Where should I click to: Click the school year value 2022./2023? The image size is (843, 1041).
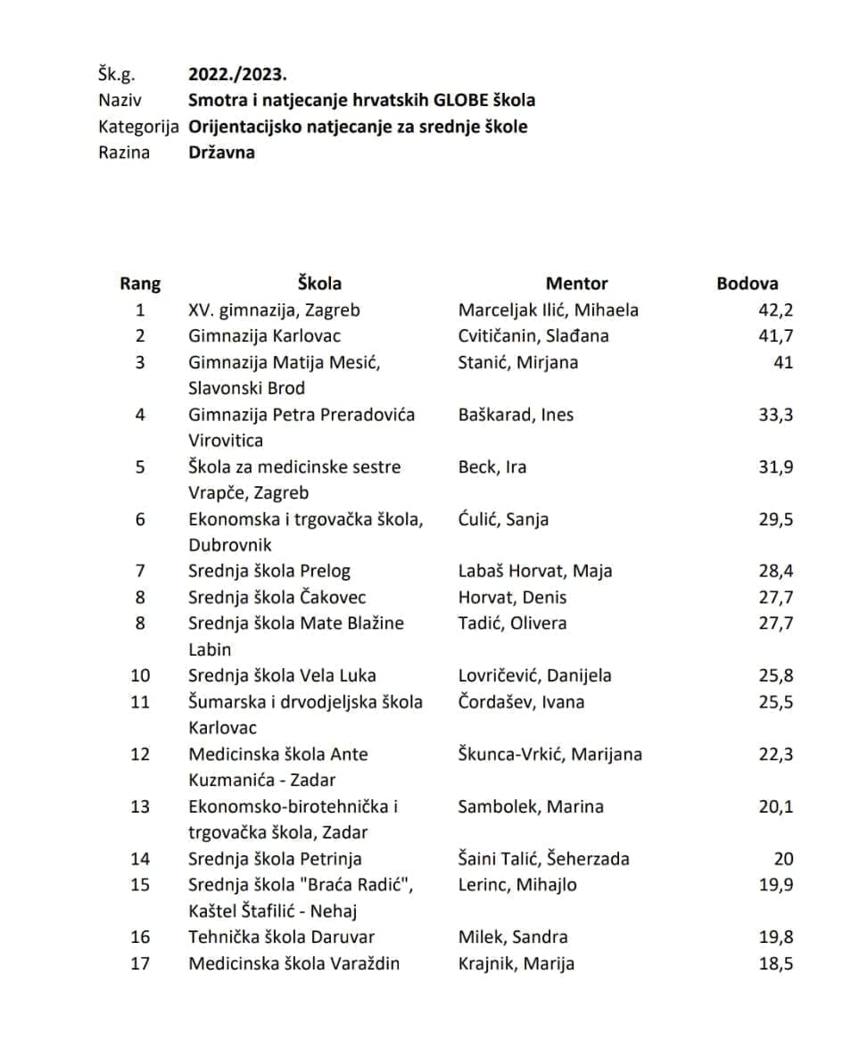pos(238,74)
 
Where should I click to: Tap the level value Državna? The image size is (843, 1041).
pos(221,152)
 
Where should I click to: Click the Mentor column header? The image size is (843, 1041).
pos(576,284)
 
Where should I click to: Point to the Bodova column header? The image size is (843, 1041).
pos(747,284)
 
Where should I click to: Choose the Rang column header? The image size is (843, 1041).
pos(140,284)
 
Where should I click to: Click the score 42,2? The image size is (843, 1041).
pos(775,310)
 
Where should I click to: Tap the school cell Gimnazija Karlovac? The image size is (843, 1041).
pos(264,336)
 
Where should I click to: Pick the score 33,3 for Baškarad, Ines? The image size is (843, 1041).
pos(775,415)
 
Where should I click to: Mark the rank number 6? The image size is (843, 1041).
pos(140,519)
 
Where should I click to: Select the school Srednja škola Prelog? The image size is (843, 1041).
pos(269,571)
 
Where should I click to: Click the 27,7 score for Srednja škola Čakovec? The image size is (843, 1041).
pos(775,598)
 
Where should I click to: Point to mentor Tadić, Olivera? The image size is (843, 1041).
pos(512,624)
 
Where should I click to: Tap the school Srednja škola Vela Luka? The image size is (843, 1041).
pos(282,675)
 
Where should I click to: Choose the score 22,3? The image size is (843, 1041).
pos(775,755)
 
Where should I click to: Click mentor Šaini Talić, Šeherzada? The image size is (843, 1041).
pos(543,859)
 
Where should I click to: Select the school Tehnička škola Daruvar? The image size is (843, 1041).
pos(281,937)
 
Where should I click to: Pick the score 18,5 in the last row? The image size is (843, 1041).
pos(775,963)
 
